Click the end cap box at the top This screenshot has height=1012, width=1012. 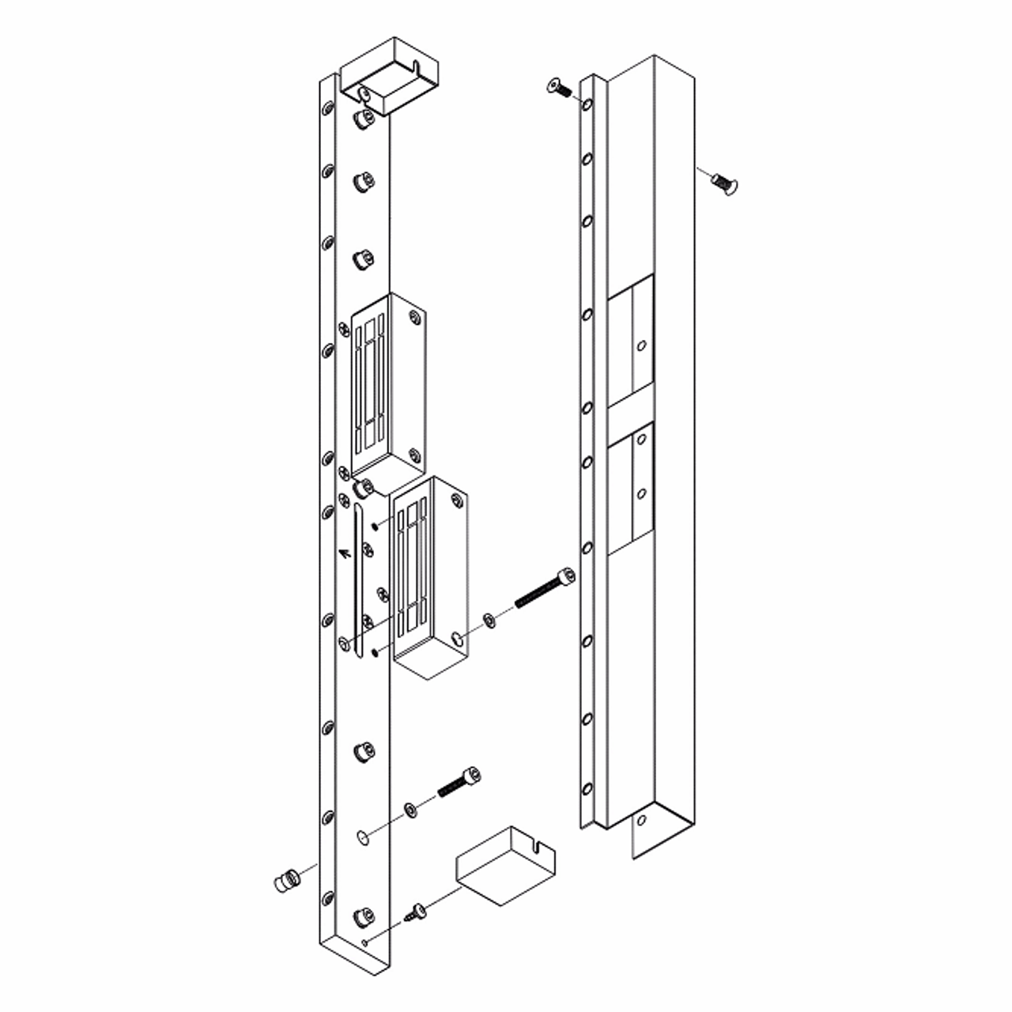coord(387,75)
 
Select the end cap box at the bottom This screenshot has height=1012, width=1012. coord(504,866)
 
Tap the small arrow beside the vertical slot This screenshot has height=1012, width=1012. coord(343,552)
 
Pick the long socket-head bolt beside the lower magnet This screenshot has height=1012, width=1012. coord(544,589)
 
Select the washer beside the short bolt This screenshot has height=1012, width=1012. coord(410,809)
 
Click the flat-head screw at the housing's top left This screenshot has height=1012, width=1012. coord(558,87)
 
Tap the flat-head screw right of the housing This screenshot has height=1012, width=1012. coord(724,183)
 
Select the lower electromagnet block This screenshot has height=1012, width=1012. coord(431,577)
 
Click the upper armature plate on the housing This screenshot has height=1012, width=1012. coord(630,342)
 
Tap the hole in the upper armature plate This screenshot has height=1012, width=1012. coord(641,346)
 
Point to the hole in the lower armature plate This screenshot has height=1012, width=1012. coord(641,493)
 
